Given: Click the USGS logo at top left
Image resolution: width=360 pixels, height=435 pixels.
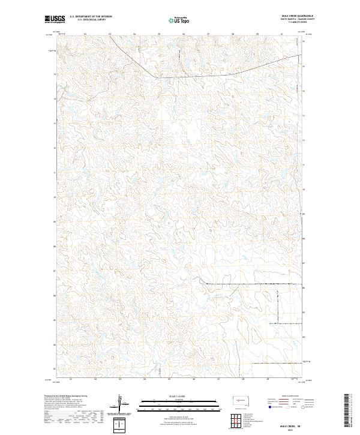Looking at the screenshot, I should pos(55,19).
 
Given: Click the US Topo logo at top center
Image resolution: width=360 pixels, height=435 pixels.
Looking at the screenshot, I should pos(178,19).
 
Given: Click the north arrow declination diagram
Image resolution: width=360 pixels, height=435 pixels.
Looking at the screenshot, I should pos(119,403).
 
